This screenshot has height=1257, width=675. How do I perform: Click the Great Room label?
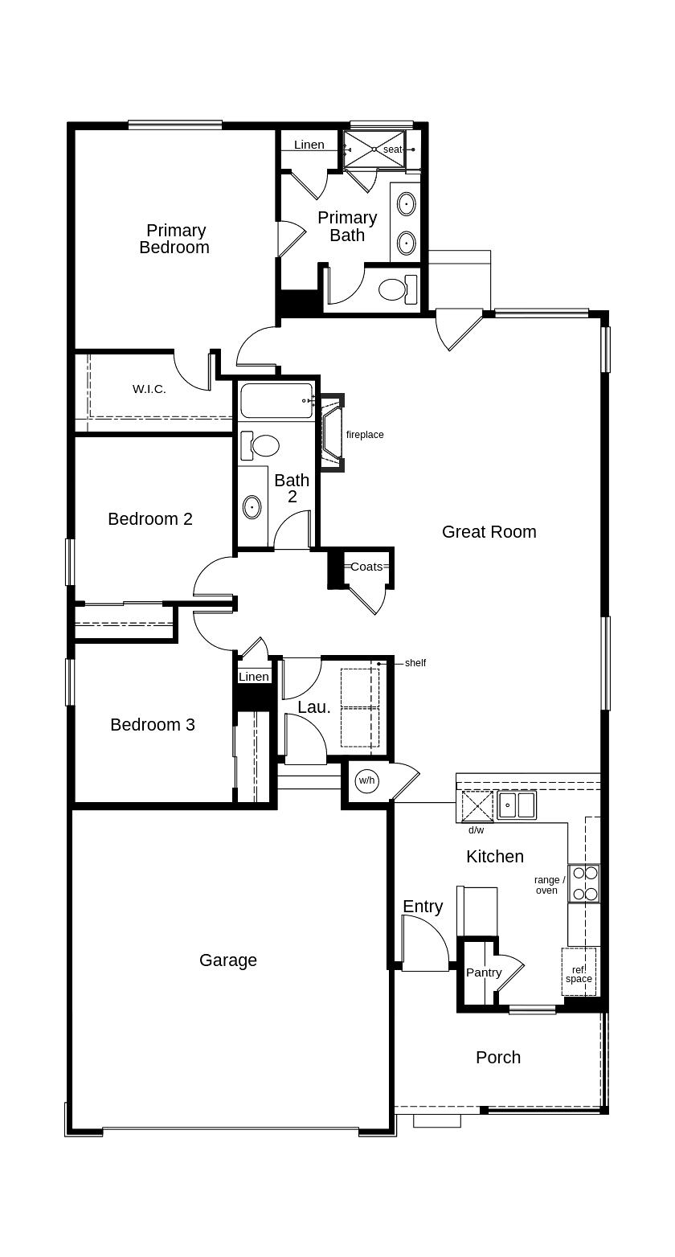click(489, 531)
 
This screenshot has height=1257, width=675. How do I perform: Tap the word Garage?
click(227, 960)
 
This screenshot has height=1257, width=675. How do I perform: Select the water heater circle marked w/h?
click(367, 780)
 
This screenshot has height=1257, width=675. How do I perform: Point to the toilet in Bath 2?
click(260, 446)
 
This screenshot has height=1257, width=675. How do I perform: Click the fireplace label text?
click(365, 434)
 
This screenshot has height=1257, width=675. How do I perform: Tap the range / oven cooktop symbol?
click(584, 883)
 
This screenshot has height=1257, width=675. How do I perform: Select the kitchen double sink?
click(516, 805)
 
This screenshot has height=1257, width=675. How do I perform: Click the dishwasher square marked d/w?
click(477, 806)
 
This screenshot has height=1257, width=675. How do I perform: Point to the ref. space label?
click(579, 974)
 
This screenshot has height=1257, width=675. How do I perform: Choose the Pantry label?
click(484, 972)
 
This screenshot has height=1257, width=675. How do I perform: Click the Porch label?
click(498, 1057)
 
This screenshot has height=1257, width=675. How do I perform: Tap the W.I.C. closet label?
click(149, 389)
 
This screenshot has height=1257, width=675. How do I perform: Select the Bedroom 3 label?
click(153, 724)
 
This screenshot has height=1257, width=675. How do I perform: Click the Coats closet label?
click(366, 567)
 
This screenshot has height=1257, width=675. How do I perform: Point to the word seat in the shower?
click(393, 149)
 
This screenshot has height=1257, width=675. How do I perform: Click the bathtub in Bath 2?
click(276, 401)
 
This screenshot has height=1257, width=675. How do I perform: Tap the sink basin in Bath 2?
click(252, 507)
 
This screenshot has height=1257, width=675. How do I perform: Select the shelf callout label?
click(415, 663)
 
